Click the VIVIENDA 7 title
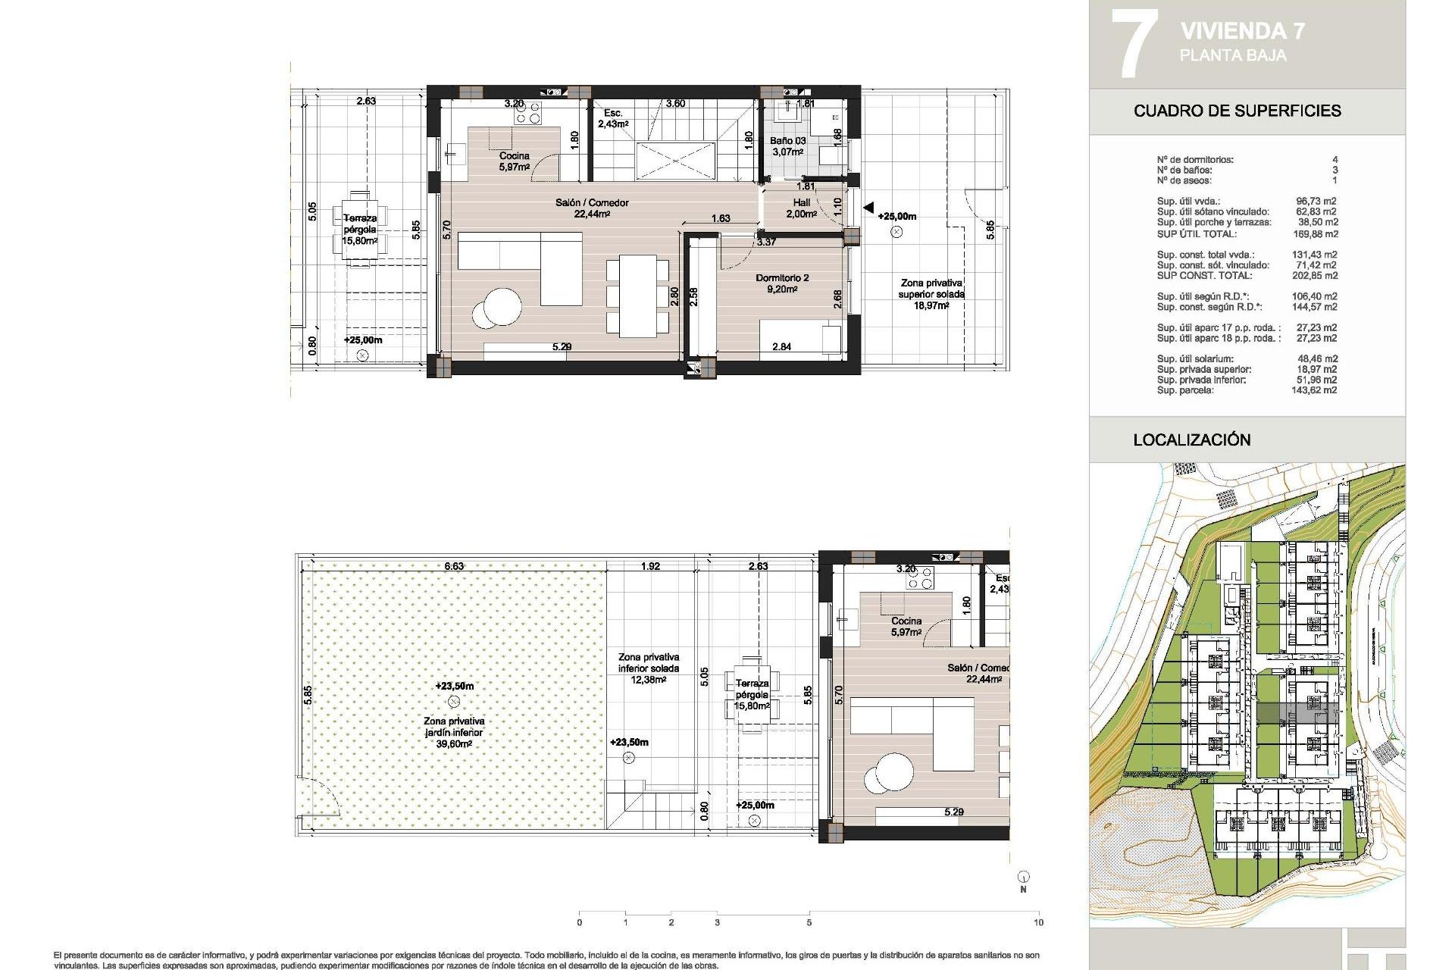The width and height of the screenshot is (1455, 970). pyautogui.click(x=1242, y=31)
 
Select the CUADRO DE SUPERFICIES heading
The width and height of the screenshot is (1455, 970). pyautogui.click(x=1237, y=111)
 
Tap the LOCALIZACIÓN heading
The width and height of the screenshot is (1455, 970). pyautogui.click(x=1191, y=440)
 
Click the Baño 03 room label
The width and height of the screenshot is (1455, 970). pyautogui.click(x=787, y=146)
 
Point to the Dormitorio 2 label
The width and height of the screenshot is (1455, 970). pyautogui.click(x=782, y=283)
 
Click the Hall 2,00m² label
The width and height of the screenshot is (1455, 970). pyautogui.click(x=801, y=208)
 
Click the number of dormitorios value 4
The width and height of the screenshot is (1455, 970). pyautogui.click(x=1335, y=160)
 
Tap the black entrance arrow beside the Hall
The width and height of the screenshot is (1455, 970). pyautogui.click(x=868, y=208)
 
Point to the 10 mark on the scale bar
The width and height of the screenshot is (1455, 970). pyautogui.click(x=1037, y=922)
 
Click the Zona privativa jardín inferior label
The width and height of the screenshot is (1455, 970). pyautogui.click(x=454, y=732)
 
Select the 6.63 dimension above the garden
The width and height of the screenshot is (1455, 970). pyautogui.click(x=454, y=566)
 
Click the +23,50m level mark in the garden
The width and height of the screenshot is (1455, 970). pyautogui.click(x=454, y=687)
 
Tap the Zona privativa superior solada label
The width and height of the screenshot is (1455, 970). pyautogui.click(x=931, y=293)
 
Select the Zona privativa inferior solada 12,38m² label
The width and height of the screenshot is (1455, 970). pyautogui.click(x=648, y=668)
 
